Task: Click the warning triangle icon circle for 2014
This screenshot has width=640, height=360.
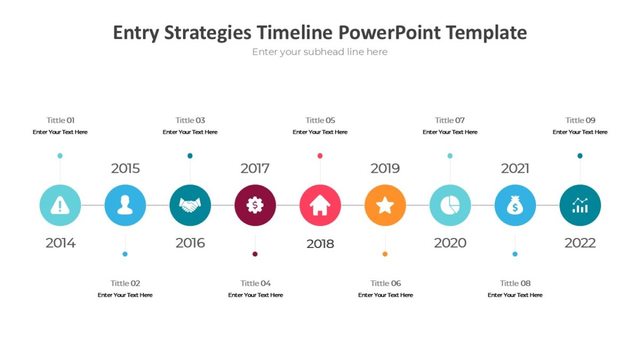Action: [60, 205]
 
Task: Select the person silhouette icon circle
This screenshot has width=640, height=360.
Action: [125, 205]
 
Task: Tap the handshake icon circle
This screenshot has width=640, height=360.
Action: [190, 205]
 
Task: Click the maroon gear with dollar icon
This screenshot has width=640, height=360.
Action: [255, 205]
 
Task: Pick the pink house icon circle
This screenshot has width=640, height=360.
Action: [320, 205]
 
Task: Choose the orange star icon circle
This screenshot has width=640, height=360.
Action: [385, 205]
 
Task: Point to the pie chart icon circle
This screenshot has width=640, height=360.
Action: [450, 205]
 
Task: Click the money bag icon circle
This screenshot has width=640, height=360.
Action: [515, 205]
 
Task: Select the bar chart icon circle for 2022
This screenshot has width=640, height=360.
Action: [580, 205]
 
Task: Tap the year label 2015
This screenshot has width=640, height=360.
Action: [125, 169]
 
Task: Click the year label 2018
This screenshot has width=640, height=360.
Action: [320, 244]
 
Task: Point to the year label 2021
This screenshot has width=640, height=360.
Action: [515, 169]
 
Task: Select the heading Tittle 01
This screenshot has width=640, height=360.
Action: [60, 120]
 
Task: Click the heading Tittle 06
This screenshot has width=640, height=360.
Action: [386, 283]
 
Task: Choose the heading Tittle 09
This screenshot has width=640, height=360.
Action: [580, 120]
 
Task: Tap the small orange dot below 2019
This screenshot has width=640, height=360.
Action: [385, 254]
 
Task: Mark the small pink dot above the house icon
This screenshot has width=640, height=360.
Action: [320, 156]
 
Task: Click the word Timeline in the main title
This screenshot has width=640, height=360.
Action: [295, 33]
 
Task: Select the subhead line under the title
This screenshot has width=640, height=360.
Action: [320, 52]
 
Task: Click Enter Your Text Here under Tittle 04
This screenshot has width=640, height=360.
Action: [255, 295]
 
